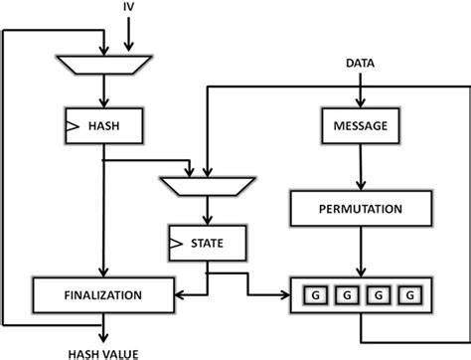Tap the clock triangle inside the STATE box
pos(176,241)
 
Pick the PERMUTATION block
pos(361,209)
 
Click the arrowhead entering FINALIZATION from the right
pos(179,294)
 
